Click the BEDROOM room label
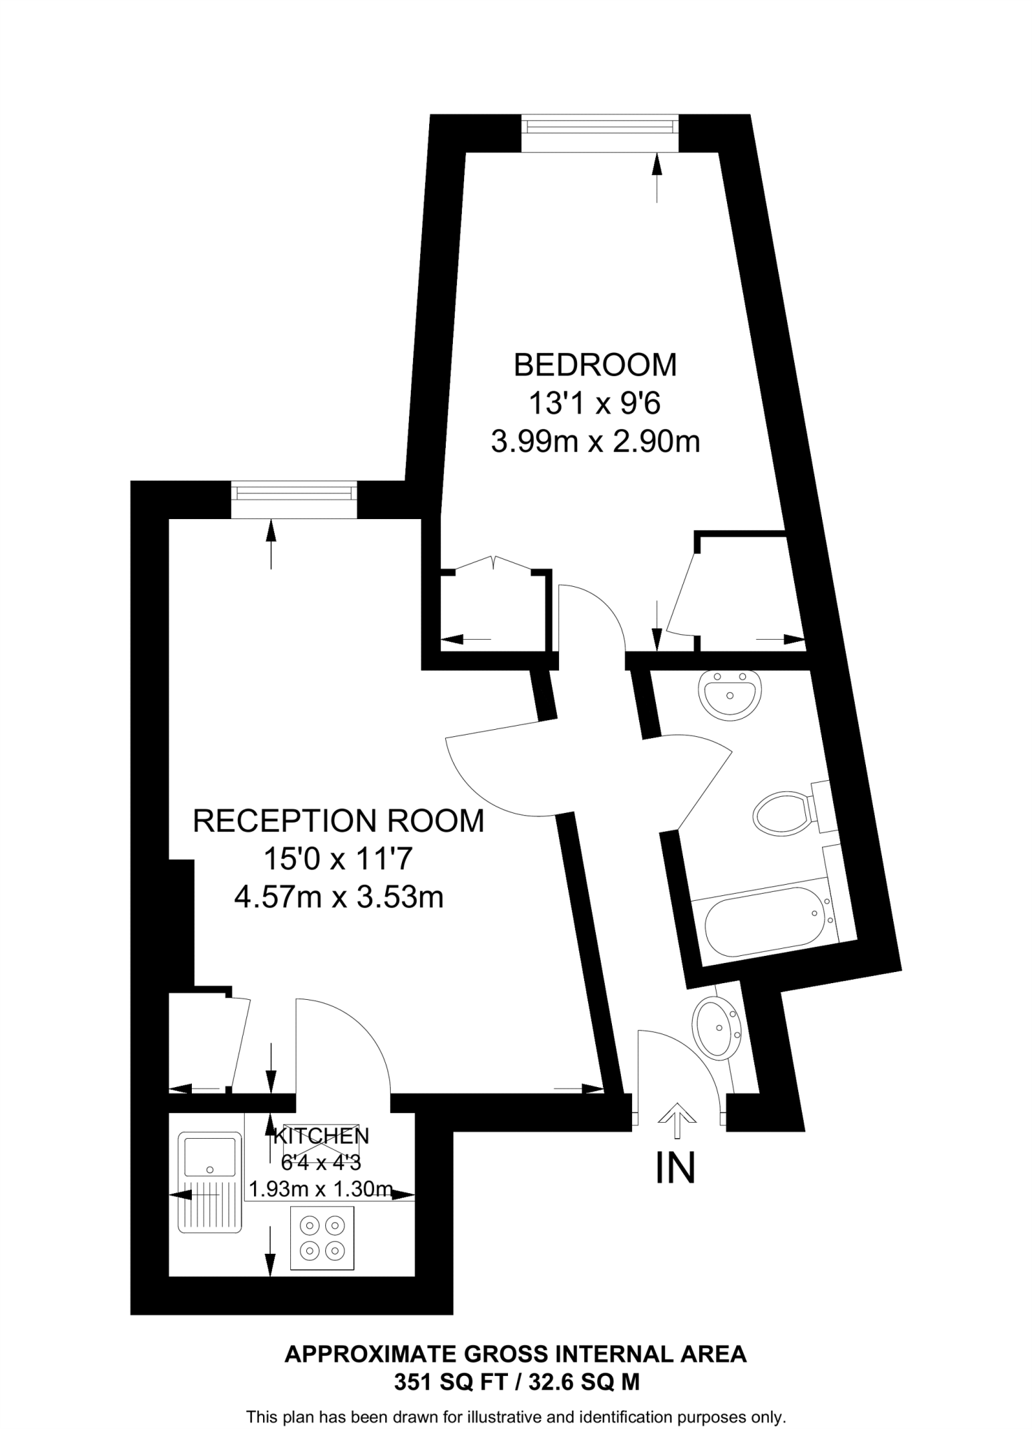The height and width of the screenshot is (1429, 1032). (594, 365)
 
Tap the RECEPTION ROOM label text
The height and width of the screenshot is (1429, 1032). (338, 821)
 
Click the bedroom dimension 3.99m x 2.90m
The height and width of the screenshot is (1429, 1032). (594, 442)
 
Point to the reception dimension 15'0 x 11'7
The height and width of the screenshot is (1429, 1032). (338, 859)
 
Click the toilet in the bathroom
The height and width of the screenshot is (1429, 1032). (786, 812)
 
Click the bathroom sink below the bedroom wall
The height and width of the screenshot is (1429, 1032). (730, 694)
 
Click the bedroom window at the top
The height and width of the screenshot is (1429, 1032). (599, 126)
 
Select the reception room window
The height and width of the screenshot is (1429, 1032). (294, 493)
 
